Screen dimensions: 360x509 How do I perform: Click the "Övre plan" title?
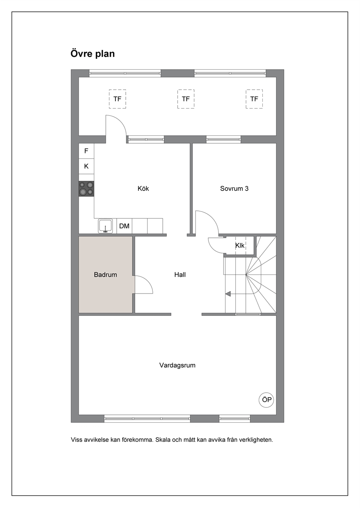tap(93, 54)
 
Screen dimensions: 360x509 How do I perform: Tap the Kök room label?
tap(143, 188)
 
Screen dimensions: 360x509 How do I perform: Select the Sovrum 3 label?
tap(234, 188)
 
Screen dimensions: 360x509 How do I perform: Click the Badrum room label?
tap(105, 275)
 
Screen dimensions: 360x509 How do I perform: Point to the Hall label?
tap(180, 275)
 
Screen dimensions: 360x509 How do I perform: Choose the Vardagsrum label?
tap(177, 365)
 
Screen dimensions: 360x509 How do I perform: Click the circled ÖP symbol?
tap(266, 399)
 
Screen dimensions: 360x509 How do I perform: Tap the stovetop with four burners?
tap(86, 189)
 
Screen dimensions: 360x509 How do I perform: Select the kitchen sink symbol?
tap(105, 226)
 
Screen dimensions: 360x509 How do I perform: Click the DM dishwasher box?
tap(124, 226)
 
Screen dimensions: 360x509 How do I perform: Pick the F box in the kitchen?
tap(86, 151)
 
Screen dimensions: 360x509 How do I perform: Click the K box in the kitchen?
tap(86, 166)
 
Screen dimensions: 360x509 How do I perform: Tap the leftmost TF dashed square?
tap(117, 99)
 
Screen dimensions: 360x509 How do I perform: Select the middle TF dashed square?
tap(186, 99)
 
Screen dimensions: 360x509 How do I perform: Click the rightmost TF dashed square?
tap(254, 99)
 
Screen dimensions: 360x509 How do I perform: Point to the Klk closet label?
tap(240, 245)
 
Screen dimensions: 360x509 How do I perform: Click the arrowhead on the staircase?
tap(228, 294)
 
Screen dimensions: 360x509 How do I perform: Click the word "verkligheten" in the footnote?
tap(257, 440)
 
